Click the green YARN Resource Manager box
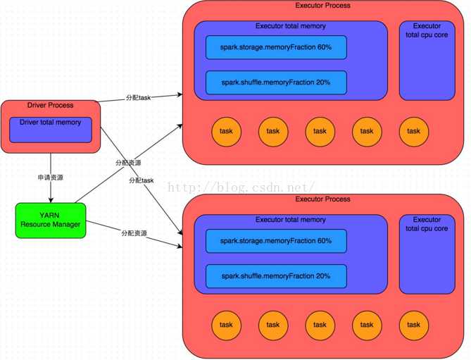(x=50, y=219)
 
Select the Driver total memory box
(x=50, y=130)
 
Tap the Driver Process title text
(x=50, y=106)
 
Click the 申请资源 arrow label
(x=50, y=176)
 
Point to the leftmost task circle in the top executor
(x=226, y=130)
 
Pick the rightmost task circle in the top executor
(x=413, y=130)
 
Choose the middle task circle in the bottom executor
(x=320, y=325)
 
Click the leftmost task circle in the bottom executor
(x=226, y=325)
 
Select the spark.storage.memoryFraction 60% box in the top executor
(x=276, y=47)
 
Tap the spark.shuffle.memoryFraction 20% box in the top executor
(x=276, y=82)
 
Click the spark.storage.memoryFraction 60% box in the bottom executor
(x=276, y=241)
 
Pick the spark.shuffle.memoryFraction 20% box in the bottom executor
(x=276, y=276)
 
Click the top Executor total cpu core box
(x=427, y=61)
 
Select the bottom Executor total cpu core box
(x=427, y=254)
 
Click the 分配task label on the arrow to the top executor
(x=137, y=97)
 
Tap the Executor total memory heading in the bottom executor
(x=290, y=220)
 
